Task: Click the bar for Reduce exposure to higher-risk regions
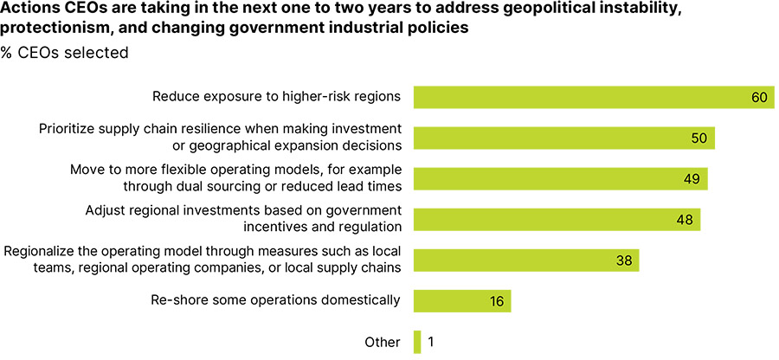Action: coord(593,97)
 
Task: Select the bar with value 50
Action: coord(563,138)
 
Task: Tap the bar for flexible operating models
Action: coord(560,178)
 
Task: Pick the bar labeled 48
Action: coord(557,219)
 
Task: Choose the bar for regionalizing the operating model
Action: coord(525,260)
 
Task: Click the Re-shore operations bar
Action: coord(462,300)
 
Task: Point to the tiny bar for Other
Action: coord(416,342)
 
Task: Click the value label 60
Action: coord(759,97)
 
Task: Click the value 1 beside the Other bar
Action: coord(430,342)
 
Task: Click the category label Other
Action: coord(383,342)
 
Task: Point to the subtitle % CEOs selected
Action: coord(65,53)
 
